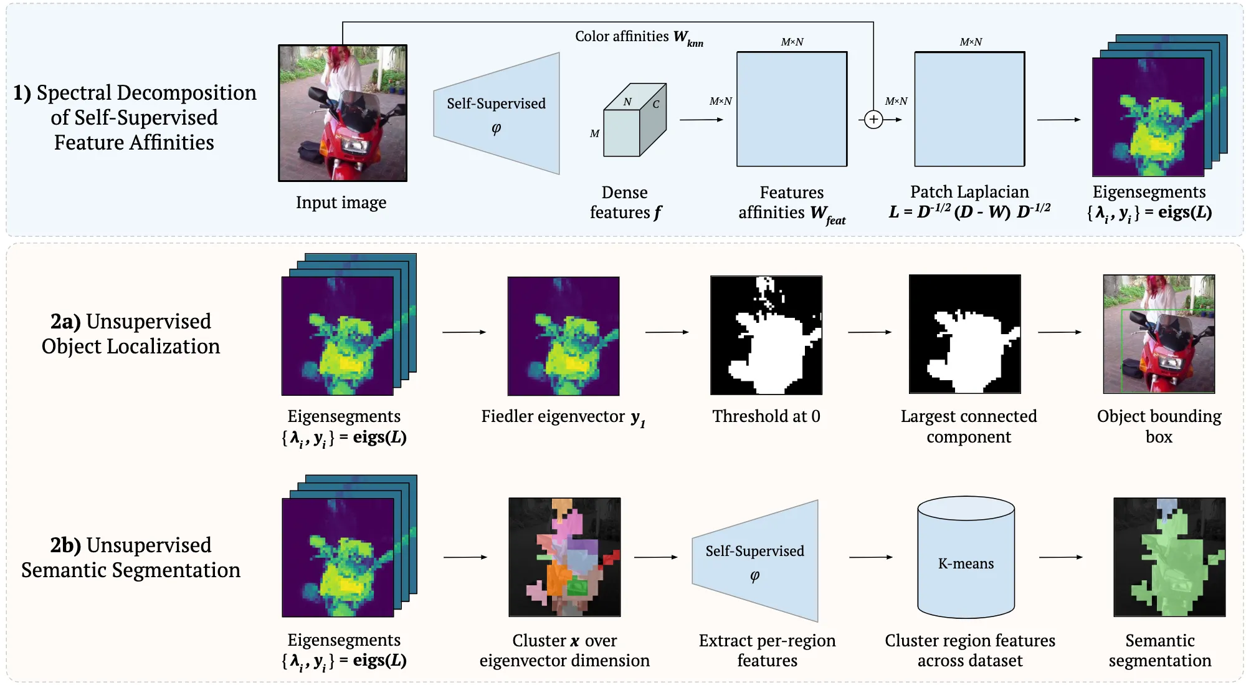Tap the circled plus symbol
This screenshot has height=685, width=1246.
873,119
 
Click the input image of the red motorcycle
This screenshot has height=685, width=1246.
343,113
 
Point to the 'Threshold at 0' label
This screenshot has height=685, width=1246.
766,416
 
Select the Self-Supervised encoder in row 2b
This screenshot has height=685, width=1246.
755,560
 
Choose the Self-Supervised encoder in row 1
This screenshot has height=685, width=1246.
497,113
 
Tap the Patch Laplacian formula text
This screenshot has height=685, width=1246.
969,212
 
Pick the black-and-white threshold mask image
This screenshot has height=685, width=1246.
766,335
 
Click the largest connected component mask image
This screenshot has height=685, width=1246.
964,334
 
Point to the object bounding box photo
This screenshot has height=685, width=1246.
1159,334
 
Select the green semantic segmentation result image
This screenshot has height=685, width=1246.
1169,557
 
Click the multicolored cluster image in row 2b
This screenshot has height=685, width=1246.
564,557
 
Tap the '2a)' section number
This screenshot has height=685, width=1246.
65,322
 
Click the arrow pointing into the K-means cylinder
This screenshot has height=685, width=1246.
870,557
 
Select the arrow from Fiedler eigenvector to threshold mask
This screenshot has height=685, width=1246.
667,332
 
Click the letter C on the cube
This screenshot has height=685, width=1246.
655,104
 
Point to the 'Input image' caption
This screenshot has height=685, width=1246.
341,203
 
